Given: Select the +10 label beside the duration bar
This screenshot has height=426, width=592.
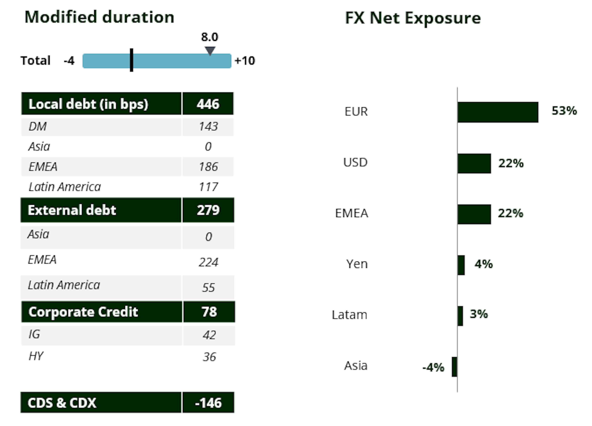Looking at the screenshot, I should click(245, 61).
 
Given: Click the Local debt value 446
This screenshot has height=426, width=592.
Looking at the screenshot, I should click(208, 104).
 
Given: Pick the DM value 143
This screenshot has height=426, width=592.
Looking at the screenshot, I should click(208, 126).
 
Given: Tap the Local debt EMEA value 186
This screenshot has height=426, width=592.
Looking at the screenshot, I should click(208, 167).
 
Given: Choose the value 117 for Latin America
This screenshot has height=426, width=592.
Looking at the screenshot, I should click(208, 187).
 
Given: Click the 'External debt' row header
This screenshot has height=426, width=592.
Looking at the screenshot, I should click(72, 210).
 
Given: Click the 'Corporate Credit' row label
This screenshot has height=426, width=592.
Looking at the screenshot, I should click(83, 312).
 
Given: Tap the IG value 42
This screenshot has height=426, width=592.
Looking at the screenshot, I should click(209, 335).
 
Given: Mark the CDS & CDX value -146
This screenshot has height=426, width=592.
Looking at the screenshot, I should click(208, 403).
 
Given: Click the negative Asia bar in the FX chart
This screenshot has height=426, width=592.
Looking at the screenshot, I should click(454, 367).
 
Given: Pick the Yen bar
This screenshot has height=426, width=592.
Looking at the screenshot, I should click(461, 265).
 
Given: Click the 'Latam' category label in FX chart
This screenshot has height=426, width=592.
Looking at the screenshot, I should click(349, 315).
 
